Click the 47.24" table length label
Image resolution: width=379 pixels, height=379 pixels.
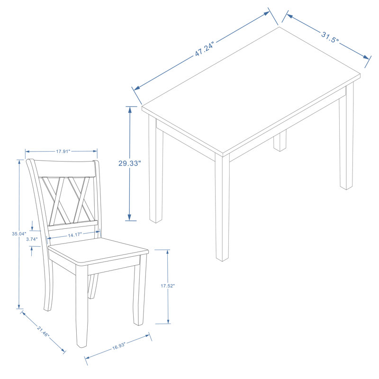205,49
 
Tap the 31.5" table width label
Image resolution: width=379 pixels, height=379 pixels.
330,37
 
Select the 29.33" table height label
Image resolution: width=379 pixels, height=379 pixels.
129,163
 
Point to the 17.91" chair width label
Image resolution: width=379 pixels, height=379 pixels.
63,151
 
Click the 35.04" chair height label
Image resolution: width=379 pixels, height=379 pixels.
19,234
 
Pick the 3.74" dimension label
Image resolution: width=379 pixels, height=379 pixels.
32,239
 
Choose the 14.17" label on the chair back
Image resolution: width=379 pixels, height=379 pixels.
75,235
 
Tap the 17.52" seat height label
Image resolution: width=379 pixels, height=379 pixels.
168,286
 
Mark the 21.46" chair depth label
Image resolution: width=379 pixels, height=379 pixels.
43,331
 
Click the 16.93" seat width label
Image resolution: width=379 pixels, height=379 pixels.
119,346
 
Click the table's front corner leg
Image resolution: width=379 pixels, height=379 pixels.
222,208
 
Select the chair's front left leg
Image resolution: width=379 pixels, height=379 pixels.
82,306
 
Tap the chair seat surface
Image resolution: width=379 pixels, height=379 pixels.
98,251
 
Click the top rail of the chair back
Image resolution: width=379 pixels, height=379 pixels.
65,168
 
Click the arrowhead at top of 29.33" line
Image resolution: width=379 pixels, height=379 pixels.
130,110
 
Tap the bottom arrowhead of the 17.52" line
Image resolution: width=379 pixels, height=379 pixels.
168,321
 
